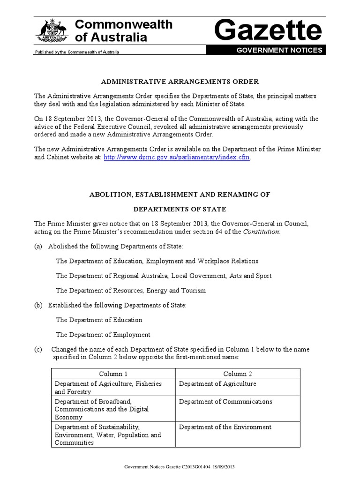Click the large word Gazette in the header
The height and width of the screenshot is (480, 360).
(x=268, y=31)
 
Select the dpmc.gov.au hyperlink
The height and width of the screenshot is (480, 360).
(x=177, y=157)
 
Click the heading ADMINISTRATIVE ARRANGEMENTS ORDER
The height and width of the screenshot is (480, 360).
(x=180, y=82)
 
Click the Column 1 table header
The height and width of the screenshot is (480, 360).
(x=113, y=374)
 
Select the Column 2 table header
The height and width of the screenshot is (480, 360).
(x=238, y=374)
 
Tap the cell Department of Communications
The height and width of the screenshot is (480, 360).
(x=225, y=402)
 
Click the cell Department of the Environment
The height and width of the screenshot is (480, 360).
(x=225, y=427)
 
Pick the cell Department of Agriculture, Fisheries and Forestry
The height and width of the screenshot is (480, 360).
(x=108, y=388)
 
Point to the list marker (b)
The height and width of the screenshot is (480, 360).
(x=38, y=305)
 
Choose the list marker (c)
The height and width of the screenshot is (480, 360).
(x=38, y=350)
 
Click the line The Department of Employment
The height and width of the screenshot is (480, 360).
(x=103, y=335)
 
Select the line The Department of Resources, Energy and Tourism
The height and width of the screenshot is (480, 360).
(x=130, y=291)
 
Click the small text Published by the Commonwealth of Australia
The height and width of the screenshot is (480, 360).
(x=77, y=52)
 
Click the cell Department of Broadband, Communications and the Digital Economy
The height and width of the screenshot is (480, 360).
(x=102, y=409)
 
